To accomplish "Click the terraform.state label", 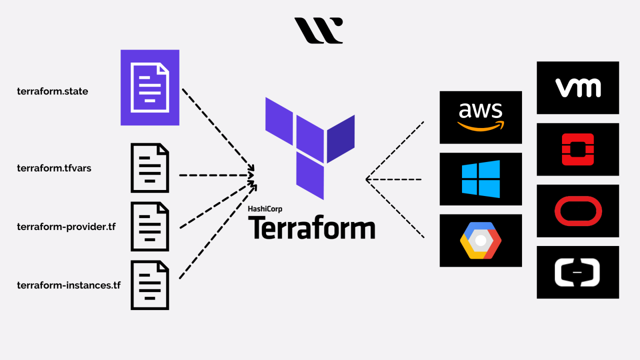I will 52,91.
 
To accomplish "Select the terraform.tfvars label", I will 54,168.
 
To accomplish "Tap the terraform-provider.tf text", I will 66,226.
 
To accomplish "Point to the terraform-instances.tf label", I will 68,285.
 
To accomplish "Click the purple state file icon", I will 150,87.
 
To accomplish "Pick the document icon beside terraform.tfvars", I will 150,168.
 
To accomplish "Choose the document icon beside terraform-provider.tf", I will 150,226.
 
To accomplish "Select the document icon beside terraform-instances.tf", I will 150,285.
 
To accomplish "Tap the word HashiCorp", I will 265,209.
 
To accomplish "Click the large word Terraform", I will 311,227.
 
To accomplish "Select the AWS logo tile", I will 480,117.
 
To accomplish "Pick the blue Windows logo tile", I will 480,179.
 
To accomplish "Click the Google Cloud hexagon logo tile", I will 480,240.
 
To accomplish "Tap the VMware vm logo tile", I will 577,87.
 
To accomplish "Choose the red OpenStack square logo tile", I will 577,149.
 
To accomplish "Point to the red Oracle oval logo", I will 577,210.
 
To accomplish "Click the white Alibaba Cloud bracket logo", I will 577,272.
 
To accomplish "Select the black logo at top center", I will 318,30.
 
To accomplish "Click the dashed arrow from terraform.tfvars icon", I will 215,175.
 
